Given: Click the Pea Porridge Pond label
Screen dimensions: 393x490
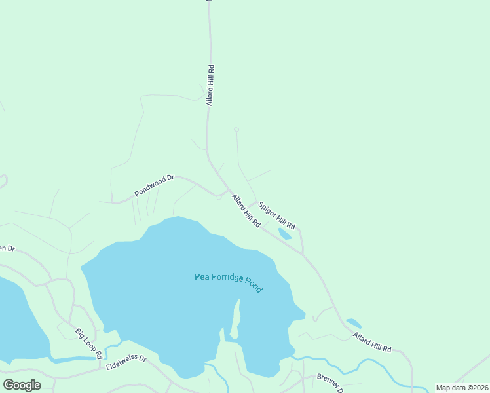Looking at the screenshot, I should pos(229,282).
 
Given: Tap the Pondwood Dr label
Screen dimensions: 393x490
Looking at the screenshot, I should pos(154,185).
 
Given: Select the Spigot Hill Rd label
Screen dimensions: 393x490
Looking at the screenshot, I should pos(276,215).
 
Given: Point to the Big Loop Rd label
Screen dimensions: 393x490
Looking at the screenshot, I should pos(88,343).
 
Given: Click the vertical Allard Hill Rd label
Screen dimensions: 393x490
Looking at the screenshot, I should pos(210,85).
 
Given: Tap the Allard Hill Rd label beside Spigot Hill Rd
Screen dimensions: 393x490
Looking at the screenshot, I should pos(246,210).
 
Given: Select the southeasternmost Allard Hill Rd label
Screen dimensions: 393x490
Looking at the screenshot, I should pos(372,341).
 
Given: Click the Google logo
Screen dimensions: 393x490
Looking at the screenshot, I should pos(22,384).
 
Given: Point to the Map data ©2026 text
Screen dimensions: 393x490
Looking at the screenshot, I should pos(462,388).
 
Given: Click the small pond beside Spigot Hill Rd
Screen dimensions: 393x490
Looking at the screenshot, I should pos(285,234).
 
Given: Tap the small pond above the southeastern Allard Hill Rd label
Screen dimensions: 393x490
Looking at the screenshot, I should pos(354,323).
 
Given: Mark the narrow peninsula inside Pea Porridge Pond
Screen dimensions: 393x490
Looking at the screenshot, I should pos(235,321).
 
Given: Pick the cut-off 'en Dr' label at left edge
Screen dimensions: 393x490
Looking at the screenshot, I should pos(7,248).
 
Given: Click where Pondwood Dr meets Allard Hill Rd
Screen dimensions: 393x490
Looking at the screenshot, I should pos(227,192).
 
